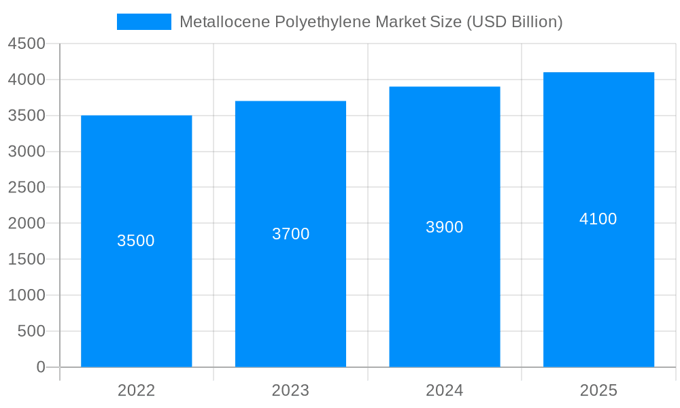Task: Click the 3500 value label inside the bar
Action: click(136, 241)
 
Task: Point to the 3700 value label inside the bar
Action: click(290, 234)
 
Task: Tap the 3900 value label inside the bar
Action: click(445, 227)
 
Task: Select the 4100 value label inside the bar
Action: click(598, 219)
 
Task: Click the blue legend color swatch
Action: click(144, 22)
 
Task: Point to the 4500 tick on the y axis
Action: click(27, 44)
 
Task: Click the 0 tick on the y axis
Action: click(40, 367)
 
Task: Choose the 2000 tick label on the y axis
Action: click(27, 224)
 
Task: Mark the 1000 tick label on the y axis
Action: click(27, 295)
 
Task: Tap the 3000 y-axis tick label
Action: click(27, 152)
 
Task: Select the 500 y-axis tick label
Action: click(31, 331)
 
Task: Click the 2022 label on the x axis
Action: click(136, 390)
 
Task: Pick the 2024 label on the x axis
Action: click(445, 390)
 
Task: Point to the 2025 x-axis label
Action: click(598, 390)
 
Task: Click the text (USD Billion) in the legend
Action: click(514, 22)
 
